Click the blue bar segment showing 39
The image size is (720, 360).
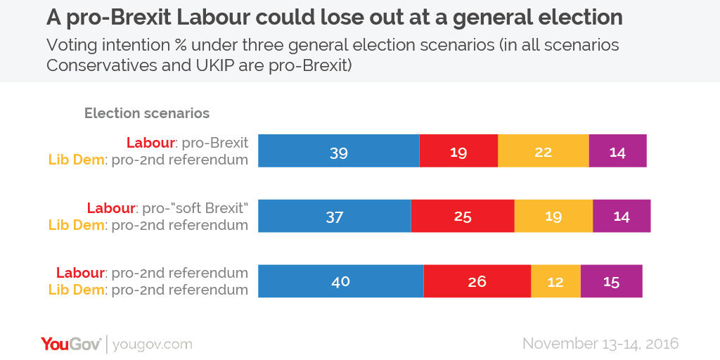[x=339, y=150]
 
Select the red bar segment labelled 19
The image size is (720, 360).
[x=458, y=150]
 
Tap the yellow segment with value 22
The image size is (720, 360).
[x=543, y=150]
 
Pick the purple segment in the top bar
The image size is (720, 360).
[x=617, y=150]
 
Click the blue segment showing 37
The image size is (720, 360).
[x=335, y=216]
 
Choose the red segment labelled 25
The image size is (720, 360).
[x=463, y=216]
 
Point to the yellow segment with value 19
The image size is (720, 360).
[x=553, y=216]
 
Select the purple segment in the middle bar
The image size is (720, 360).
[x=622, y=216]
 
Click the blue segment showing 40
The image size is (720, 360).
[x=340, y=281]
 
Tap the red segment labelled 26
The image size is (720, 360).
[x=477, y=281]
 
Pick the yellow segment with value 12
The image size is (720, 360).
[x=555, y=281]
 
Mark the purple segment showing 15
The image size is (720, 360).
[x=611, y=281]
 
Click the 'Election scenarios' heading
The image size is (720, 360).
[x=147, y=113]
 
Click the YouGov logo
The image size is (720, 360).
[x=71, y=344]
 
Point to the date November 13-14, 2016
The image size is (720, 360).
[x=600, y=344]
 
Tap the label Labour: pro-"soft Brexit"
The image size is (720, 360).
[x=167, y=208]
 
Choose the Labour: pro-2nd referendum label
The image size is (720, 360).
[x=152, y=273]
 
